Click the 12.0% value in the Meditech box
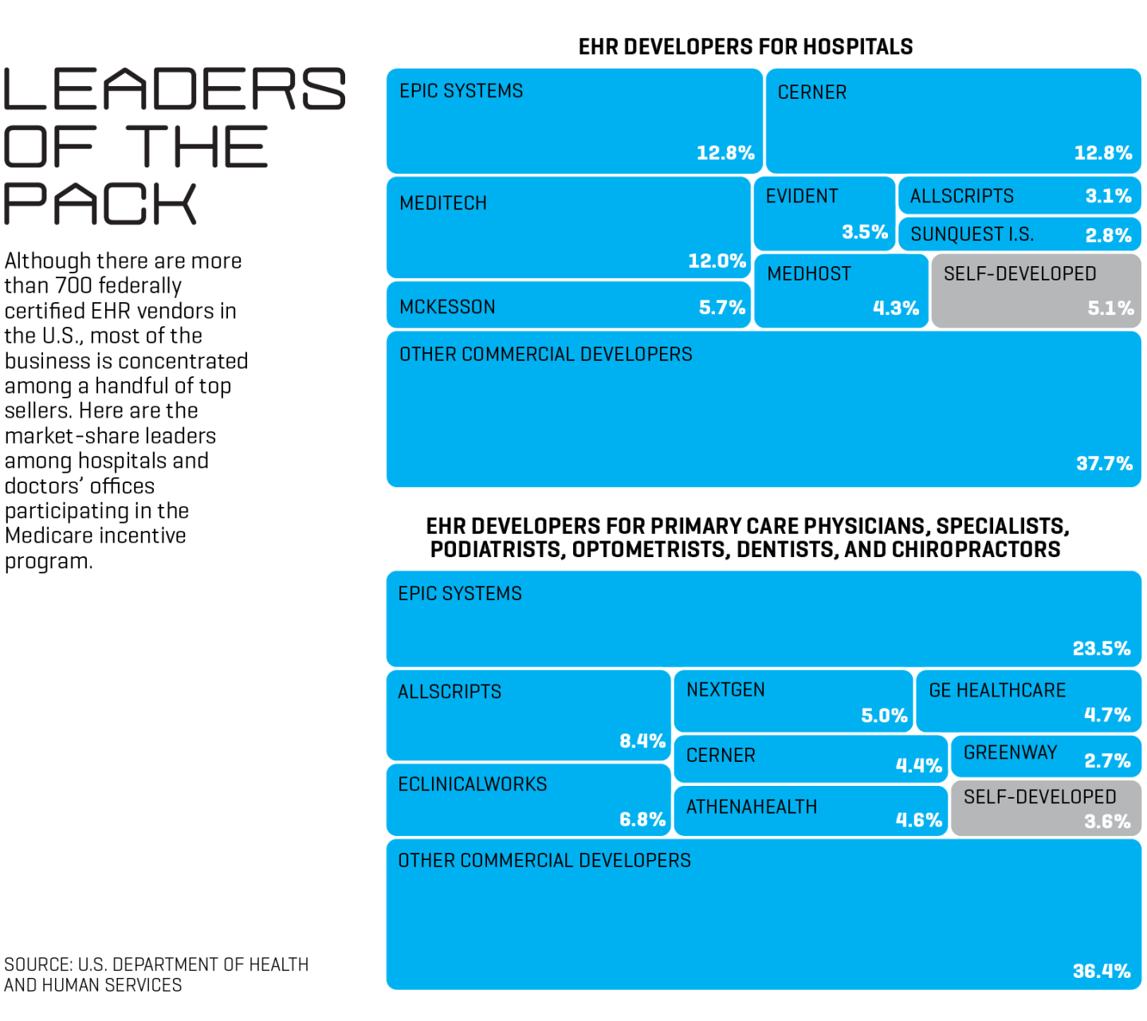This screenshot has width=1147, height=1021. coord(717,261)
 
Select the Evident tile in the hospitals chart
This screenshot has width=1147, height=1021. coord(824,214)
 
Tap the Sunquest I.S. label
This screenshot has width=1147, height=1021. coord(972,234)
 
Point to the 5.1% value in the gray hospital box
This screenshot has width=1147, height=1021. coord(1110,308)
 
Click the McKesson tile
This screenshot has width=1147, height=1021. coord(568,306)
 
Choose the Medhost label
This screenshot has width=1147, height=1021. coord(809,274)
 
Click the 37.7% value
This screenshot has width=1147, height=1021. coord(1104,463)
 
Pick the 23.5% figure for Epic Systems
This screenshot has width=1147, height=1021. coord(1101,648)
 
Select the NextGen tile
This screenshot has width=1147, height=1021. coord(792,701)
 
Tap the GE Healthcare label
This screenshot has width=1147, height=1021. coord(997,690)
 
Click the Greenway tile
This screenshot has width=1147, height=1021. coord(1045,756)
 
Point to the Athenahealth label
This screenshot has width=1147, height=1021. coord(752,807)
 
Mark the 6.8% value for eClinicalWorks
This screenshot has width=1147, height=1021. coord(642,819)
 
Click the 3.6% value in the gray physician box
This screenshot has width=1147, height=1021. coord(1107,822)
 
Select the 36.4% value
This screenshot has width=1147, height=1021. coord(1101,971)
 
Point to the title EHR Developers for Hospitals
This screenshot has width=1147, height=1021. coord(745,47)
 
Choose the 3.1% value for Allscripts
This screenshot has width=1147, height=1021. coord(1108,196)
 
